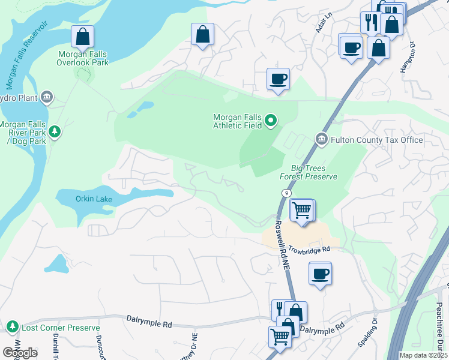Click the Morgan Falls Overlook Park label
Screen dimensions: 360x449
coord(83,58)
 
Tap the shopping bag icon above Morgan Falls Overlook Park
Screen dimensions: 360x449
coord(82,37)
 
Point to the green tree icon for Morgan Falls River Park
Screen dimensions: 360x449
coord(55,131)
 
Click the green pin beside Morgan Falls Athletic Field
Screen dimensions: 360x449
coord(271,121)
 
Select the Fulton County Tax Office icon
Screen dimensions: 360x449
coord(322,140)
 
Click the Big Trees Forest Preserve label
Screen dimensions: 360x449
coord(309,172)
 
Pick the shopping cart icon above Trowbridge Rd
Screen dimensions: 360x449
coord(301,211)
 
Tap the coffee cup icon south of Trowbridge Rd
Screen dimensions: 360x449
coord(319,274)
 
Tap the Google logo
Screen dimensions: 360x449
coord(20,353)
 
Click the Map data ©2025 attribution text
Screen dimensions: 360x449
coord(423,355)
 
